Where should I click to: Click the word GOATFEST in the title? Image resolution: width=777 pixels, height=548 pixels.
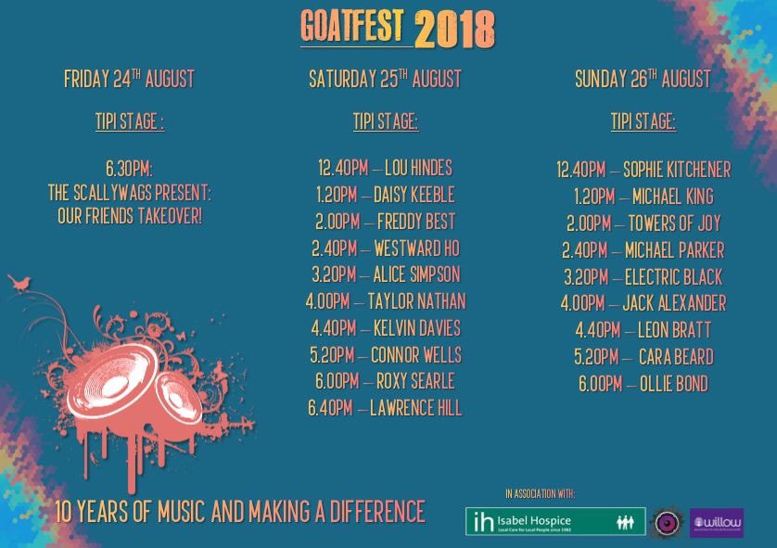[355, 27]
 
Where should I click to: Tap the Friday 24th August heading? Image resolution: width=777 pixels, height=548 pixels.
[129, 80]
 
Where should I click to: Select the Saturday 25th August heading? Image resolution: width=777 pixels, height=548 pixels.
[385, 80]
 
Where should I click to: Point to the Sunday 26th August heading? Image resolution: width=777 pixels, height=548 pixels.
[643, 80]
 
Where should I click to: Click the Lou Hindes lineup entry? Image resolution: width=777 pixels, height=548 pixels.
[385, 168]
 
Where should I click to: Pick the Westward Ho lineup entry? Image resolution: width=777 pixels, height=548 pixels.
[385, 249]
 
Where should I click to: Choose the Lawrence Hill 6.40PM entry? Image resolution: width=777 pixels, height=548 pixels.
[385, 408]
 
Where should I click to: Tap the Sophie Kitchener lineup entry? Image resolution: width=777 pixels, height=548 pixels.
[643, 170]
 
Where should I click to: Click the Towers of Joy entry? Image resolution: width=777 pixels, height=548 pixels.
[643, 223]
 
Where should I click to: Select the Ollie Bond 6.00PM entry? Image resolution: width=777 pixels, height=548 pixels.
[643, 384]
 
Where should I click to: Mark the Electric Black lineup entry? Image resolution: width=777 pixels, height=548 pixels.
[643, 277]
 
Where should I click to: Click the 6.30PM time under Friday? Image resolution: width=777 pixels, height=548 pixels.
[129, 169]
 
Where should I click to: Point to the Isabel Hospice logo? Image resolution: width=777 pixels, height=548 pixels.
[554, 521]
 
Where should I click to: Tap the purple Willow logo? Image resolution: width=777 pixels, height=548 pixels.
[717, 522]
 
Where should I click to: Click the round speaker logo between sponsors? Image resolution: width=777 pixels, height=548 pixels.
[668, 521]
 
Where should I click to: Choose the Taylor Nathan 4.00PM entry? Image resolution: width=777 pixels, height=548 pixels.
[385, 301]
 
